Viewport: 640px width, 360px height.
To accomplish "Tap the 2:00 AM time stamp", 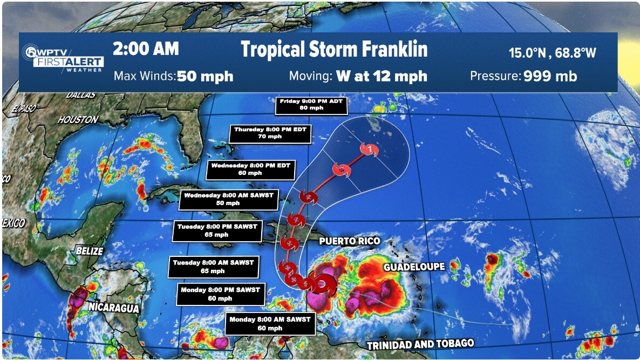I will click(x=145, y=49).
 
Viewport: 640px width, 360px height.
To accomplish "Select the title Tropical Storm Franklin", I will click(x=334, y=50).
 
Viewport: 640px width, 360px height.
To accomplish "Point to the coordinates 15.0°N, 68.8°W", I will click(x=553, y=53).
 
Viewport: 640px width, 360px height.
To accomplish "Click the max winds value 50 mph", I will click(x=205, y=76).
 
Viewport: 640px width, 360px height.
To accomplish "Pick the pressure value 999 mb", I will click(x=550, y=76).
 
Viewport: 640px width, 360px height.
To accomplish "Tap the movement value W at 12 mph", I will click(x=382, y=76).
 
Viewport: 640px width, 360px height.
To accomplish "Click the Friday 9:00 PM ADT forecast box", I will click(x=311, y=105).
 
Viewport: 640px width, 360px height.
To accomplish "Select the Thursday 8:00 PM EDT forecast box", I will click(x=273, y=133).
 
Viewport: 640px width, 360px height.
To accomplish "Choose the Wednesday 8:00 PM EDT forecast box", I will click(x=250, y=169).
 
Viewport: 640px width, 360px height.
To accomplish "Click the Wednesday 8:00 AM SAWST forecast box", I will click(x=229, y=199).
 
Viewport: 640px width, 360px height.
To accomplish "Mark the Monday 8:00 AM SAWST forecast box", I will click(x=270, y=323).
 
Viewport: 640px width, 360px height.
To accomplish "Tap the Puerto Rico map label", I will click(x=349, y=241).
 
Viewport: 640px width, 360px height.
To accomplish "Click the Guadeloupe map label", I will click(x=414, y=267).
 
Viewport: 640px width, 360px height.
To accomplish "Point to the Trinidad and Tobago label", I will click(x=420, y=344).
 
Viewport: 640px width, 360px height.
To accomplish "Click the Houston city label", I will click(x=78, y=120).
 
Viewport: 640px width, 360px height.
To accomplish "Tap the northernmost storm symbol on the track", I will click(x=369, y=150).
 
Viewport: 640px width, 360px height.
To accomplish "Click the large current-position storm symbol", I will click(x=322, y=284).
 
